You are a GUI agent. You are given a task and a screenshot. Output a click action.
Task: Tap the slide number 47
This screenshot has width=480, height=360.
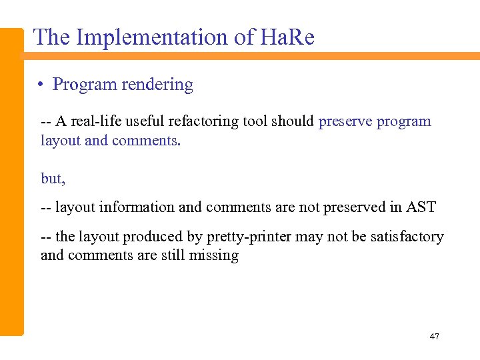pos(434,337)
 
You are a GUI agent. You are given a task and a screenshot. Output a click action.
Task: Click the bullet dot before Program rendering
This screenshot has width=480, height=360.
pos(41,85)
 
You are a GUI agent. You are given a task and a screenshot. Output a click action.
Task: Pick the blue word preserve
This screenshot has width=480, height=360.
pos(345,121)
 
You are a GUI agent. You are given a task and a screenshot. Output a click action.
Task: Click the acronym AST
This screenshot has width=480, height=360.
pos(421,207)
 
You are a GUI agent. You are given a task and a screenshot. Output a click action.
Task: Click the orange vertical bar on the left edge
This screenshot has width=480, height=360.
pos(11,180)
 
